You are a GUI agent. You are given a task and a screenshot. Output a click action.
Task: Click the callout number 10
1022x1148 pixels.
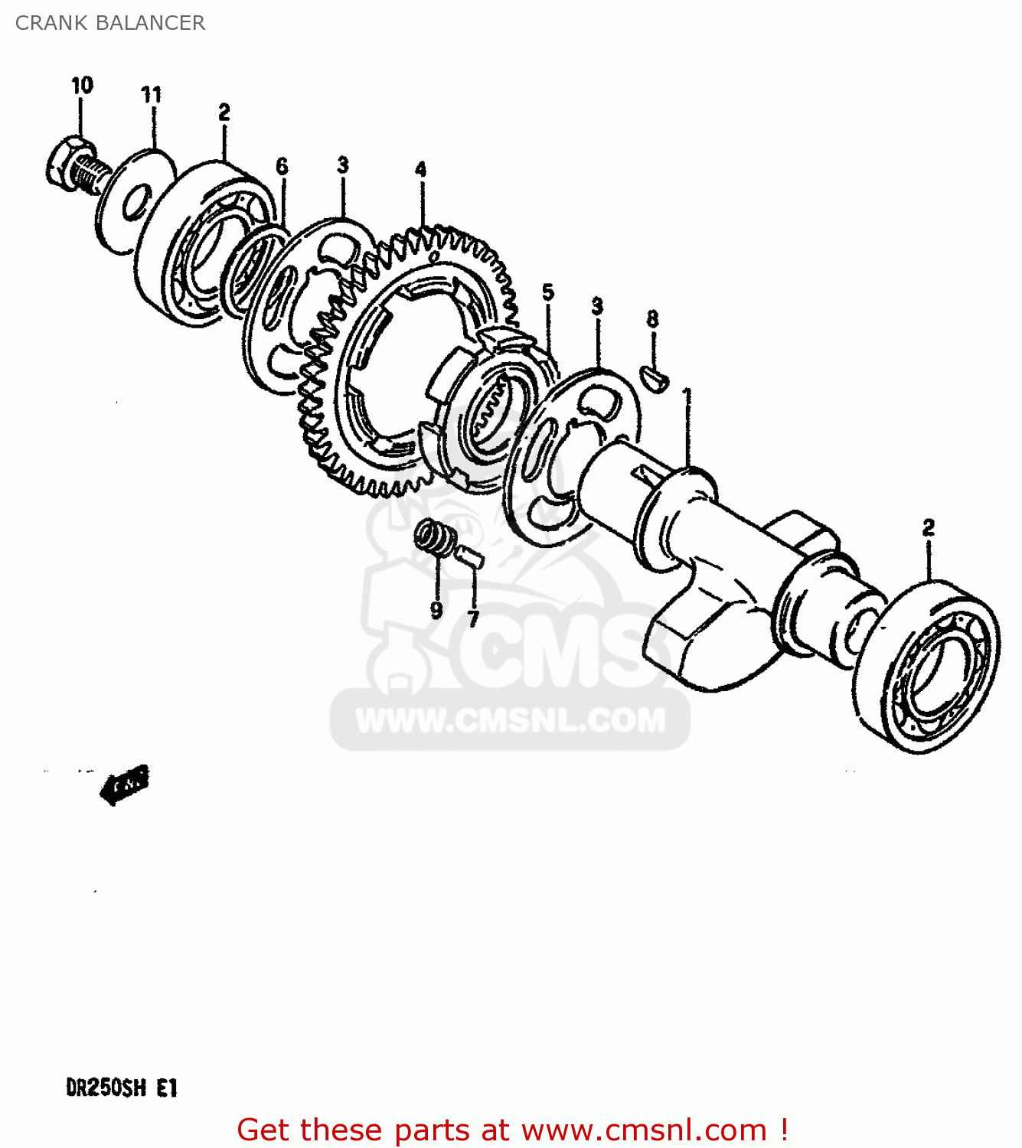(82, 85)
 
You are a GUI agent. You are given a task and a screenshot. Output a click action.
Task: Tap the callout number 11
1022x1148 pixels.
(152, 95)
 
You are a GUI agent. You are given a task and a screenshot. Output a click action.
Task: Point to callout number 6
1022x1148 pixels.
(282, 166)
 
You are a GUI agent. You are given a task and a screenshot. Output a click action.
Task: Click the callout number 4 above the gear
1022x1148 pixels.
(420, 169)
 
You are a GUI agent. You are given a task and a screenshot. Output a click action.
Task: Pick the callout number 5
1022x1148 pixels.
(548, 292)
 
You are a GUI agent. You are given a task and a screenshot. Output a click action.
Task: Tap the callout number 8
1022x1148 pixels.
(652, 318)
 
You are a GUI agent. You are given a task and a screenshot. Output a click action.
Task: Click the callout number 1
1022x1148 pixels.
(687, 396)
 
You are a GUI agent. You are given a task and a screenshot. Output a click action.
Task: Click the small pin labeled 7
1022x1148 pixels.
(469, 556)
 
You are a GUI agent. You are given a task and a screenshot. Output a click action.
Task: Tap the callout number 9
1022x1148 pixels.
(436, 610)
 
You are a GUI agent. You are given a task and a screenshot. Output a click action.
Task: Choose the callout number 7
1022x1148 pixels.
(473, 618)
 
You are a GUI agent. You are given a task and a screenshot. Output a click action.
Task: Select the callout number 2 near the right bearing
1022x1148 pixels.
(928, 527)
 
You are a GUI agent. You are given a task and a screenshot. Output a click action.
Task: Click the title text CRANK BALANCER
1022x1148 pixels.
(110, 23)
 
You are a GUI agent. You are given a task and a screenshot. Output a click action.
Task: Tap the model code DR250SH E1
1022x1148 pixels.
(122, 1088)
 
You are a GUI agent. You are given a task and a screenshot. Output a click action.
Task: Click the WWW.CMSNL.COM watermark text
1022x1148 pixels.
(511, 720)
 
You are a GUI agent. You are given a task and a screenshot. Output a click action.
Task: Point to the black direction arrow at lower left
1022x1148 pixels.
(123, 784)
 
